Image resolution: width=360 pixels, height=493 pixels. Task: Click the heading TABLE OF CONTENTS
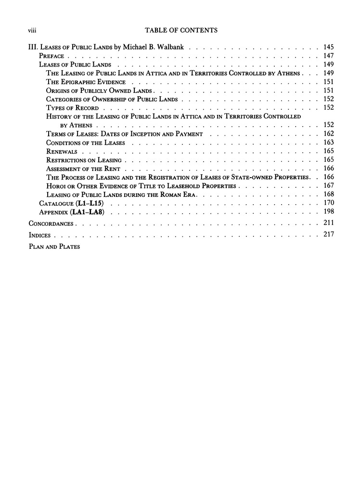click(x=180, y=30)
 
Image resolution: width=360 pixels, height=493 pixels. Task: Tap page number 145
click(x=329, y=47)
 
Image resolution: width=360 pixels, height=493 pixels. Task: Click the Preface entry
click(x=51, y=56)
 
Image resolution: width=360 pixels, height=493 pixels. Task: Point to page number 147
click(x=329, y=56)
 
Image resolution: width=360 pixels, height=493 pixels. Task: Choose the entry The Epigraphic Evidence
click(x=86, y=82)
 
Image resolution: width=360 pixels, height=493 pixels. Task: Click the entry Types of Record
click(x=73, y=108)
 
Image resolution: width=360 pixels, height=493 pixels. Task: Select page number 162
click(x=329, y=134)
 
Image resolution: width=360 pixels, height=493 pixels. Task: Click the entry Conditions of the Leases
click(x=86, y=143)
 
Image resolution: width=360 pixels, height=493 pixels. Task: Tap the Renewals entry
click(x=62, y=151)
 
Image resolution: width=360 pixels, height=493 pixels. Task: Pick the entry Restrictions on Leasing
click(x=84, y=160)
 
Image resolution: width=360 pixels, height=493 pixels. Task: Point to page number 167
click(x=329, y=186)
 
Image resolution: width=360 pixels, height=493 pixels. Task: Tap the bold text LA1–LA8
click(x=90, y=212)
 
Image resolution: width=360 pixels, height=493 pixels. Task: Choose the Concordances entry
click(x=51, y=223)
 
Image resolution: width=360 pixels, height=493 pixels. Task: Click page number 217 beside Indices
click(x=329, y=235)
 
